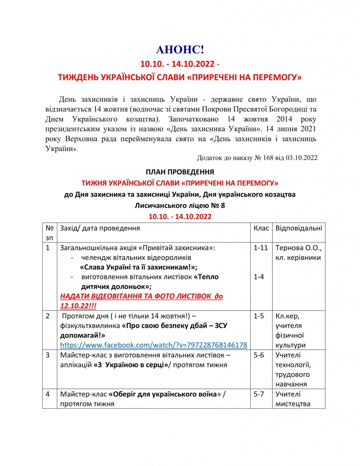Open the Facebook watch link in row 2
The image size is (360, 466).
153,345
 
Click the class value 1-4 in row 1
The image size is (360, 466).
258,277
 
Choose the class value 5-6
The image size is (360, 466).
258,355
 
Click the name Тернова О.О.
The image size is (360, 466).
299,248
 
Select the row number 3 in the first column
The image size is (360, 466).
48,355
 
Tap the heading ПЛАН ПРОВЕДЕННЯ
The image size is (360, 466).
180,172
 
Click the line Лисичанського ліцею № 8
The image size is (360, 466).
180,205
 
